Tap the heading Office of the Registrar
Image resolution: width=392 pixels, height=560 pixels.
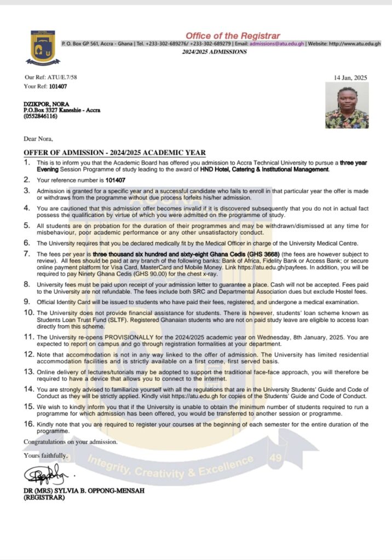[232, 36]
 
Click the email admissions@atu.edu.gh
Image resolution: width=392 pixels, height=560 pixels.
[277, 43]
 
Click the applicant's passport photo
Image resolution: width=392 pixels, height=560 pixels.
[347, 106]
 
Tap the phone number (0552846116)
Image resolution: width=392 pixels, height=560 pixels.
[40, 116]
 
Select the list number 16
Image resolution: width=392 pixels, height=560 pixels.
[28, 424]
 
